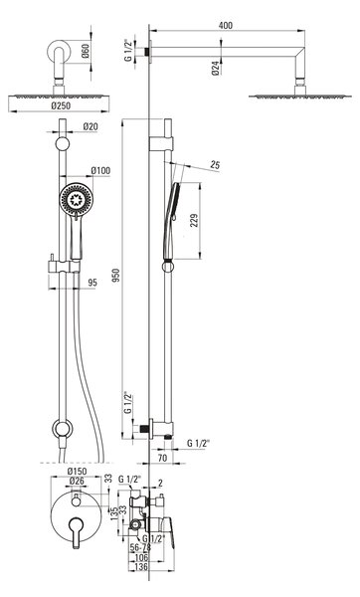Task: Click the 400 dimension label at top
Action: (x=226, y=26)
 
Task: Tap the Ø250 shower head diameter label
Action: (x=61, y=105)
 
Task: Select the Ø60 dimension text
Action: (x=86, y=51)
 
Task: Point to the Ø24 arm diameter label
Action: (x=216, y=68)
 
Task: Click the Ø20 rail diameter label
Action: (x=90, y=126)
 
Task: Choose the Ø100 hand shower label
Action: (x=100, y=170)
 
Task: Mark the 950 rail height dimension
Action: (x=116, y=275)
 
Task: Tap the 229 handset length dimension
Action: (x=194, y=221)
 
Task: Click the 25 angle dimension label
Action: (x=215, y=165)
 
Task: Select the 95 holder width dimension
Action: (x=92, y=283)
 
